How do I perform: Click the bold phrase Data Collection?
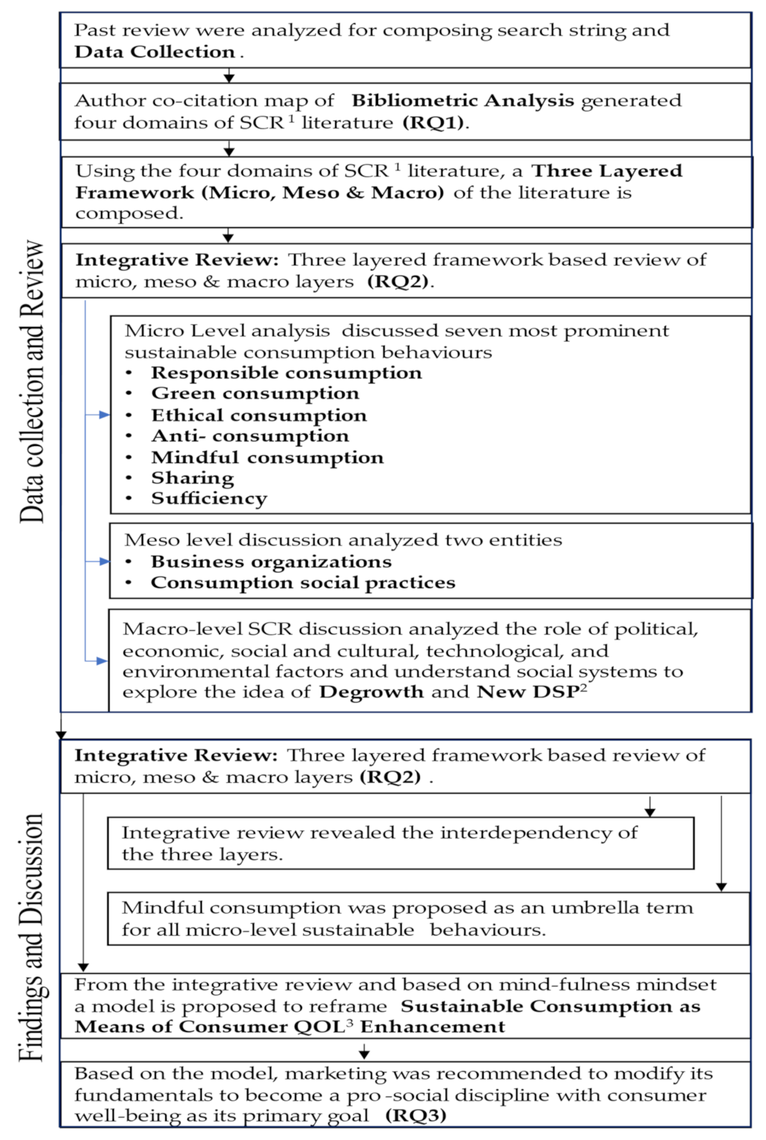pyautogui.click(x=154, y=52)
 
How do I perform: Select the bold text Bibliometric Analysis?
pyautogui.click(x=463, y=101)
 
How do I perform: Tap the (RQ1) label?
pyautogui.click(x=433, y=123)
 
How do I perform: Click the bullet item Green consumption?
pyautogui.click(x=254, y=394)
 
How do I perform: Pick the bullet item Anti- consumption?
pyautogui.click(x=250, y=436)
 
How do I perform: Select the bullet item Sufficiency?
pyautogui.click(x=209, y=499)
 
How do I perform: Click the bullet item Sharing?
pyautogui.click(x=193, y=478)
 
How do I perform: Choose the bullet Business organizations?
pyautogui.click(x=271, y=562)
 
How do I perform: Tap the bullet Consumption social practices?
pyautogui.click(x=303, y=583)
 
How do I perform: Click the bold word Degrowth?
pyautogui.click(x=371, y=692)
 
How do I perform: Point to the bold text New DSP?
pyautogui.click(x=528, y=692)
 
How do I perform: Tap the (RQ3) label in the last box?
pyautogui.click(x=416, y=1115)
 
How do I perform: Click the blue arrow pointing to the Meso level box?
pyautogui.click(x=103, y=561)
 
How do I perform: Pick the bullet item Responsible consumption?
pyautogui.click(x=286, y=373)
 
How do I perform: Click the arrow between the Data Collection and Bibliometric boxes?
pyautogui.click(x=228, y=76)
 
